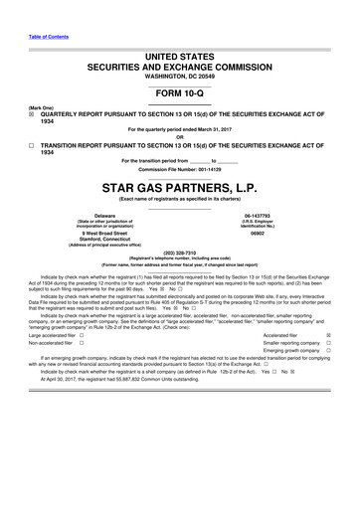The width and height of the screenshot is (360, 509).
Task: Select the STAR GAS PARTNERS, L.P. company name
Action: point(180,186)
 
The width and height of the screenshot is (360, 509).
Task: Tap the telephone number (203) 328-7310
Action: point(180,252)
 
